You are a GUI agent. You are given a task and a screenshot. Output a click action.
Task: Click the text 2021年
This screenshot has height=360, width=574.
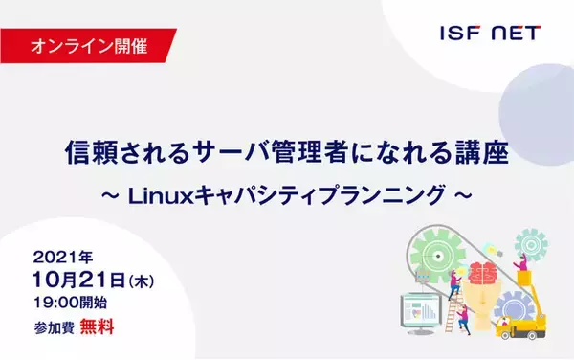click(66, 258)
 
